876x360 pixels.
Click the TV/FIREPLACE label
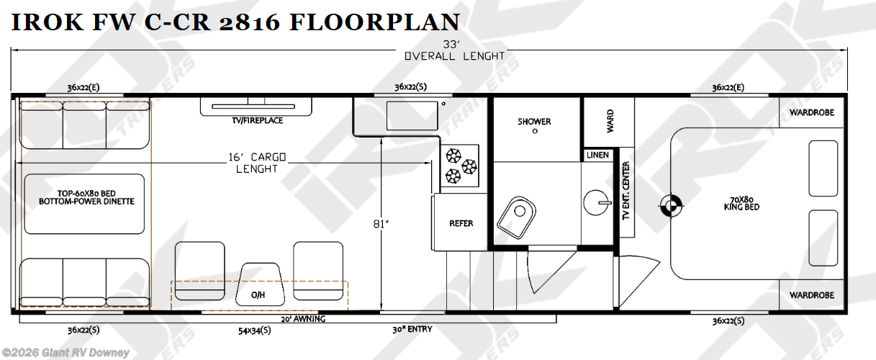click(257, 120)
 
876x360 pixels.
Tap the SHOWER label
click(534, 122)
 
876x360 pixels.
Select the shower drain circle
click(535, 132)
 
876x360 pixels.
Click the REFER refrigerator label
click(461, 223)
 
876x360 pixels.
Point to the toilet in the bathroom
click(516, 217)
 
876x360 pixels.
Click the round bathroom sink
click(596, 203)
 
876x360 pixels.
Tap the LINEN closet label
click(597, 155)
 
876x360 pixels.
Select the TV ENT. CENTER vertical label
click(626, 191)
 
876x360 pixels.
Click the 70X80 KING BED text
click(741, 204)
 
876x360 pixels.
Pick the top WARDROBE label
click(812, 113)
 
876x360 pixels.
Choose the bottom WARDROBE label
click(812, 295)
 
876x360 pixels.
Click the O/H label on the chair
click(258, 295)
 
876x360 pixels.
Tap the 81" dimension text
click(381, 224)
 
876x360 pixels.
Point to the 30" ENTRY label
click(412, 330)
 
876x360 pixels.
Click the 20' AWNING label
click(303, 319)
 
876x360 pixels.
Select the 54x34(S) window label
click(255, 330)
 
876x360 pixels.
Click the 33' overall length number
click(451, 44)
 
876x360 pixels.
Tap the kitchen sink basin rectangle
click(412, 116)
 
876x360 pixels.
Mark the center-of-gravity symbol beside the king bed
click(671, 205)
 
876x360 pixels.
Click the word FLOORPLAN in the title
click(374, 22)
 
